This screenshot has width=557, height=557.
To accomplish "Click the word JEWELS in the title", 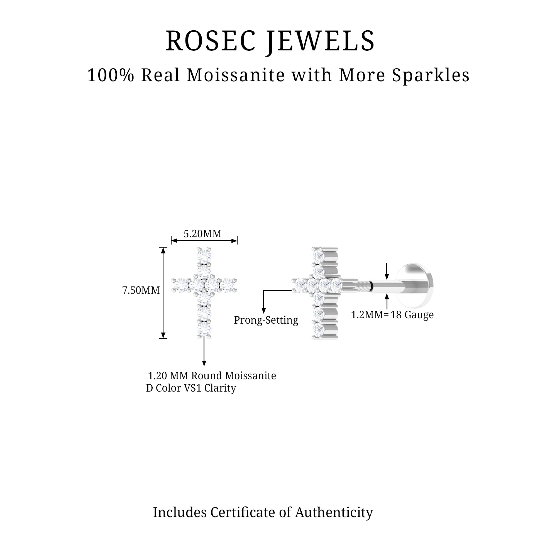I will [320, 41].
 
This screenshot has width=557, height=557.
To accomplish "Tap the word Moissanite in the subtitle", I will [236, 75].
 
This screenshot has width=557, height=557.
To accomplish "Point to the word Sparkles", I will [431, 75].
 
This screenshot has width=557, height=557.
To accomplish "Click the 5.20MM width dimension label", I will [202, 234].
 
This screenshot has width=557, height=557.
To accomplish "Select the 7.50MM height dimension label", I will [141, 290].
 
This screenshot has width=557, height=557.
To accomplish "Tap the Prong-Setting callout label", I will [266, 320].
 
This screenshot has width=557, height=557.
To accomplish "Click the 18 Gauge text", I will [412, 315].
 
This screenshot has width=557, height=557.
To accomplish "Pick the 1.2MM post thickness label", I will [367, 315].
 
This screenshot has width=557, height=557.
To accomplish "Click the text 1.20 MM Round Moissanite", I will [212, 376].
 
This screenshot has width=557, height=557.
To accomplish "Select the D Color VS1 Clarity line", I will [191, 388].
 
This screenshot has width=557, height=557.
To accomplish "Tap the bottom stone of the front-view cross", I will [204, 328].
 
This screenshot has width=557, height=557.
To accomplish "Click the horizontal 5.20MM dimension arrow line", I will [204, 241].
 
